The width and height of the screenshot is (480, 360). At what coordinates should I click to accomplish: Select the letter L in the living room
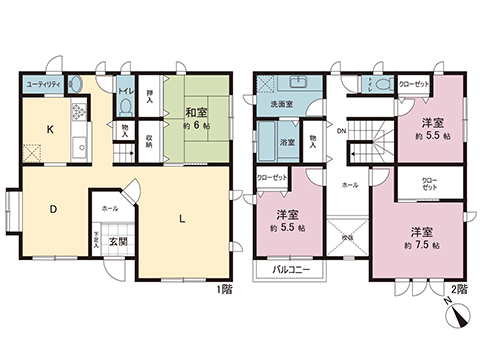click(x=181, y=218)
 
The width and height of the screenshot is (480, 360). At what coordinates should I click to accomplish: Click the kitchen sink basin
click(x=81, y=147)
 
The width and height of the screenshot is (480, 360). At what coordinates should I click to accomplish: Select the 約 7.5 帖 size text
click(x=419, y=245)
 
